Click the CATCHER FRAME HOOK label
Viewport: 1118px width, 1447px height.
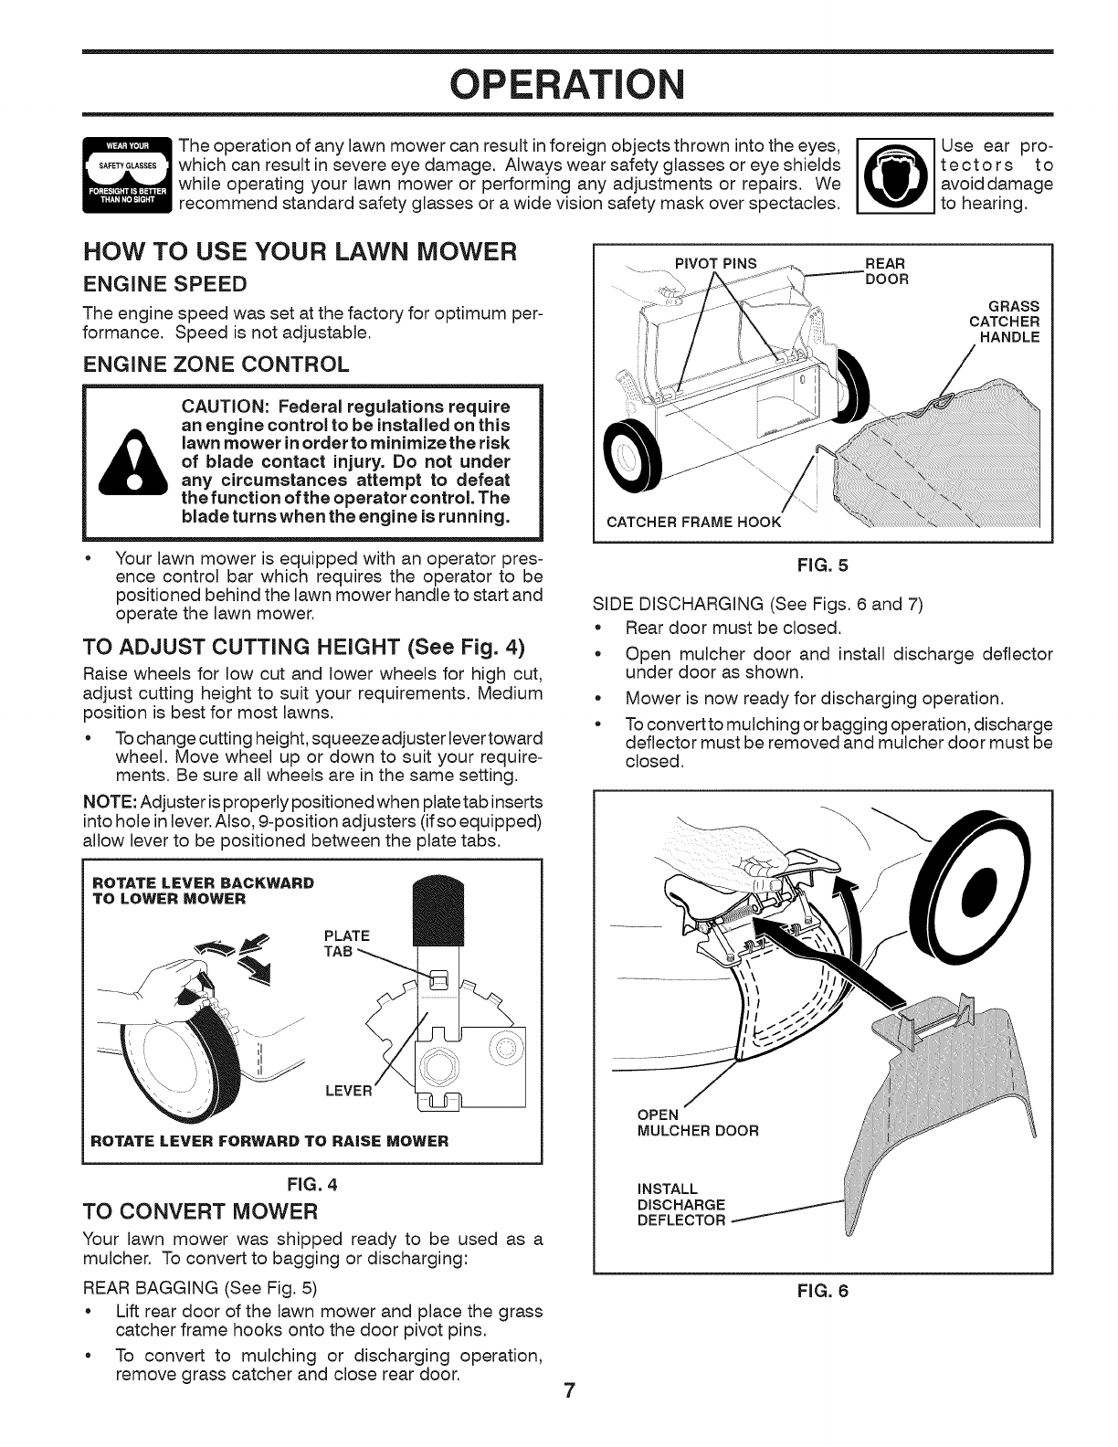pyautogui.click(x=694, y=523)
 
